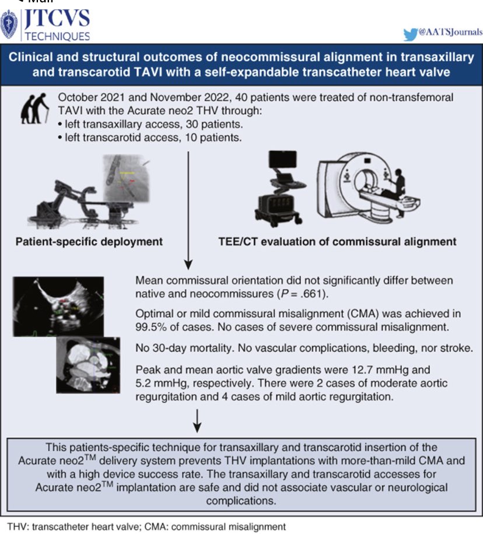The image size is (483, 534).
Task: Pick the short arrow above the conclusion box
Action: pyautogui.click(x=197, y=421)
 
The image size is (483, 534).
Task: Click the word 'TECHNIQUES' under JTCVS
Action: pyautogui.click(x=56, y=36)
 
